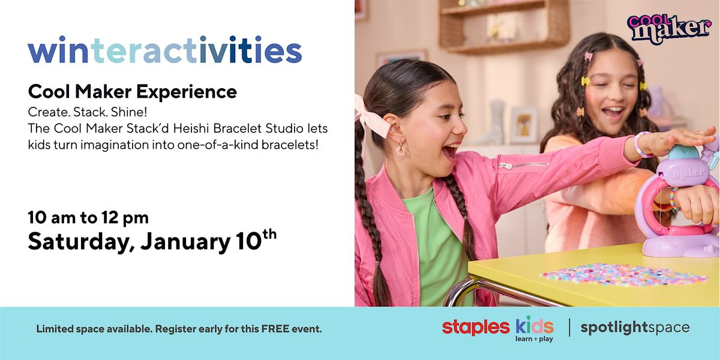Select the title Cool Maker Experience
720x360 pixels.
coord(132,92)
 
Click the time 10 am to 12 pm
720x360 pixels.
coord(88,217)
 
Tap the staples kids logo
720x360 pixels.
coord(497,327)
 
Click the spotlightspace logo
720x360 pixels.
coord(635,328)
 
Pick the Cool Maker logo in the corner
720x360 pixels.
coord(668,28)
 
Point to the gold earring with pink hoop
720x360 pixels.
coord(399,146)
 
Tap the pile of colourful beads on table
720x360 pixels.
coord(624,274)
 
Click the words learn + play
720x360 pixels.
coord(533,338)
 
